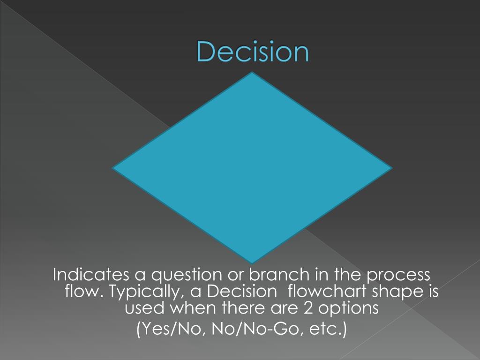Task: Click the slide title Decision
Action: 253,52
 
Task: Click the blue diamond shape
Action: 252,167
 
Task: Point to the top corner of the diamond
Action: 252,74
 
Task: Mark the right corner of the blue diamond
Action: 390,167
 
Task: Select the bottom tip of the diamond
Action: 252,262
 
